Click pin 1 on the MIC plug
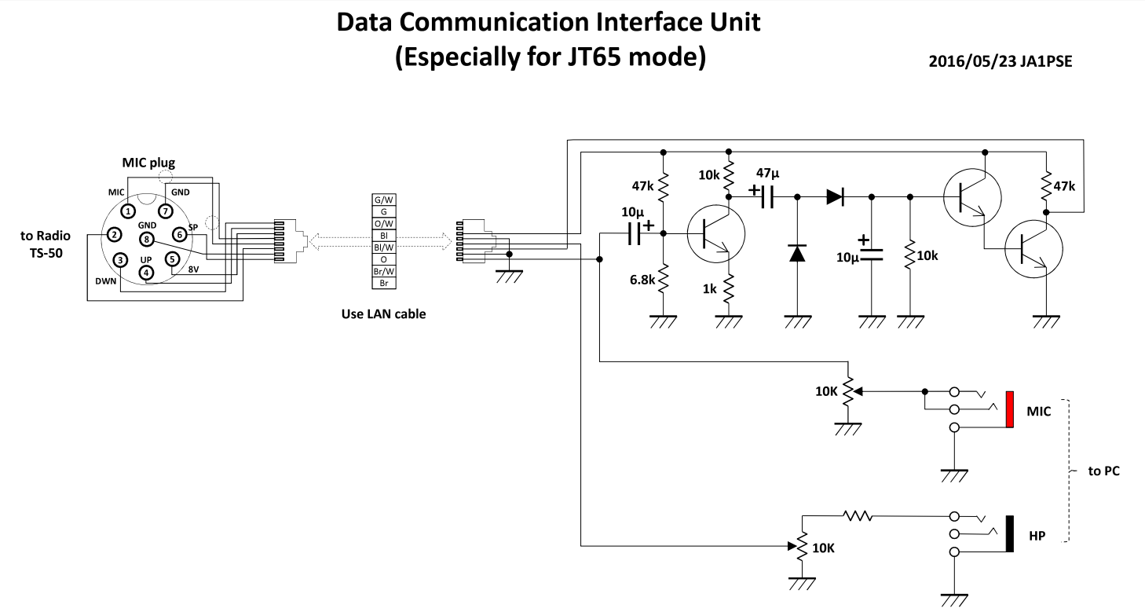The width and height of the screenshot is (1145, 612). pos(128,211)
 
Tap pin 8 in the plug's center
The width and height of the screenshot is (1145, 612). pos(145,240)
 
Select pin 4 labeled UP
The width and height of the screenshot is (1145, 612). pos(146,273)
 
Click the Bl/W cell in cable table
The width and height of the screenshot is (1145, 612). pos(384,246)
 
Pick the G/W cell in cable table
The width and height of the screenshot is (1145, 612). pos(384,200)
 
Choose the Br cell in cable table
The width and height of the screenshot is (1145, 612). pos(384,281)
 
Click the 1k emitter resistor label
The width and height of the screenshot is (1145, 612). pos(709,288)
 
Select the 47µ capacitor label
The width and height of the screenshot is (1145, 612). pos(769,173)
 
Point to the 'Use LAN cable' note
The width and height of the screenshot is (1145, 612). pos(383,314)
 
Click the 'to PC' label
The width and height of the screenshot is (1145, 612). pos(1103,471)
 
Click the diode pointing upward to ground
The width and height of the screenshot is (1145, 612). pos(797,253)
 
